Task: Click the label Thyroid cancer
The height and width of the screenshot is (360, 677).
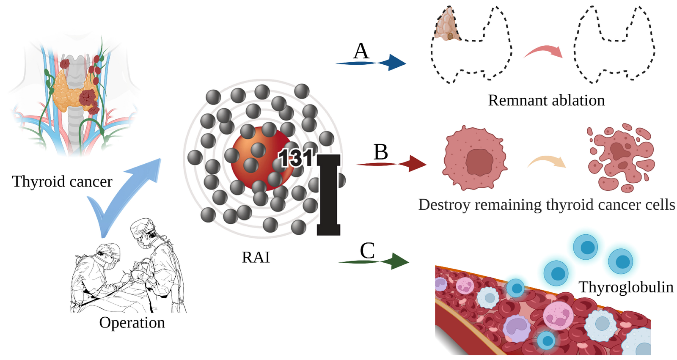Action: click(x=62, y=181)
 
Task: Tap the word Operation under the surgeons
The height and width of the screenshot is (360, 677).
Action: click(x=132, y=322)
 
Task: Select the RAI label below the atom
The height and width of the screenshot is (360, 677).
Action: click(x=256, y=257)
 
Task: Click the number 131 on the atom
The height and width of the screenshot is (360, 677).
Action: click(x=296, y=158)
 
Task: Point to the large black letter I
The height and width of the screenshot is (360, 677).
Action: click(x=329, y=195)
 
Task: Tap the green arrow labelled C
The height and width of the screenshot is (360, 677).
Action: click(x=375, y=262)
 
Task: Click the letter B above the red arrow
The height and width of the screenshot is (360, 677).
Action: click(x=380, y=152)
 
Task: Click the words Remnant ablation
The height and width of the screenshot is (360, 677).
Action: click(x=546, y=101)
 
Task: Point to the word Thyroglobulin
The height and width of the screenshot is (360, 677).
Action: click(x=626, y=287)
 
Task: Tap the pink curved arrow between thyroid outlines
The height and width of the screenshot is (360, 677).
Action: click(x=544, y=51)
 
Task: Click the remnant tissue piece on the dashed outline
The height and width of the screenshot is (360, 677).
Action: click(x=447, y=25)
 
